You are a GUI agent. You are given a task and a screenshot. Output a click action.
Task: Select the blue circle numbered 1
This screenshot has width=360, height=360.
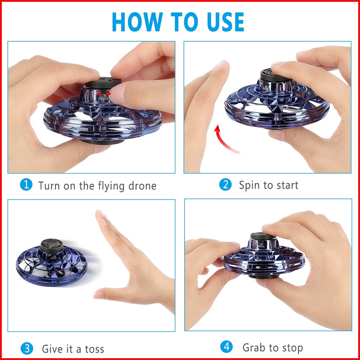point(26,185)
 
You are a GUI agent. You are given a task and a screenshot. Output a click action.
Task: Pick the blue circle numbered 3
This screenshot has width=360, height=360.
point(27,348)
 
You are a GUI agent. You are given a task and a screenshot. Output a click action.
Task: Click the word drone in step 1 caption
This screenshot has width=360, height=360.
point(142,186)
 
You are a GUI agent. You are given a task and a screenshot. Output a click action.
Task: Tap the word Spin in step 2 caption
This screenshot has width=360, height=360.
point(249,185)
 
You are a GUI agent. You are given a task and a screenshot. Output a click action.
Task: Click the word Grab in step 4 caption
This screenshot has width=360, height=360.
point(254,348)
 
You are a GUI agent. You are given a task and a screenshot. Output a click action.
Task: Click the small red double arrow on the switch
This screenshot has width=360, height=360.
point(103,94)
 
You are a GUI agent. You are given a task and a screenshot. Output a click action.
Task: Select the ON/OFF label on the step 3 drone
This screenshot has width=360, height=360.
point(53,258)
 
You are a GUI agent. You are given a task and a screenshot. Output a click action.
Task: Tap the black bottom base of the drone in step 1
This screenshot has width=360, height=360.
point(103,141)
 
